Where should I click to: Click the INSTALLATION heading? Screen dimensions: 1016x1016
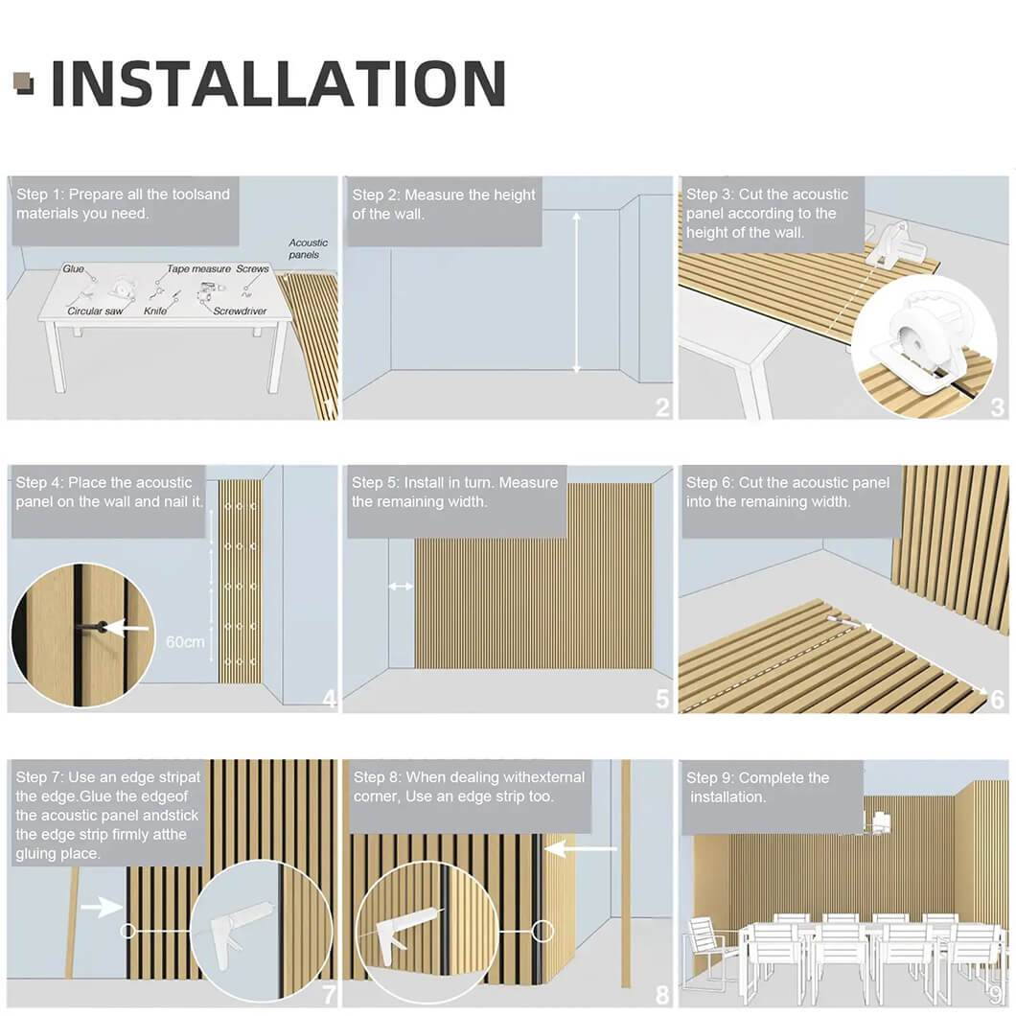pos(278,83)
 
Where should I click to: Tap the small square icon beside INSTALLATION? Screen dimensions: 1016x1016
pos(23,83)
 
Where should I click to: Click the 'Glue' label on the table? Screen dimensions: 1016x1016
pos(73,269)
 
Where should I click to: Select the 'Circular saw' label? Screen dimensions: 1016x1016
pos(95,311)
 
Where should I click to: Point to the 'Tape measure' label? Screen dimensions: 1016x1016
pos(199,268)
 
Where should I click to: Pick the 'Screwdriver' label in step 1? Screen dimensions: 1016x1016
pos(240,311)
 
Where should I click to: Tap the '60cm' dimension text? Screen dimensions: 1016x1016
pos(185,642)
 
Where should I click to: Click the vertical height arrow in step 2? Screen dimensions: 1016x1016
pos(577,293)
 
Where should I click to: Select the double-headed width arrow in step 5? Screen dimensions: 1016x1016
pos(401,587)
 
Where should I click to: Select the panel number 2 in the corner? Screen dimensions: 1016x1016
pos(662,407)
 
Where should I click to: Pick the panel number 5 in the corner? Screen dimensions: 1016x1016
pos(662,699)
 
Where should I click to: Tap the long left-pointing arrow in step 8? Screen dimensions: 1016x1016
pos(581,848)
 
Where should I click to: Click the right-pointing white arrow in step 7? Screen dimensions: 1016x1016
pos(101,907)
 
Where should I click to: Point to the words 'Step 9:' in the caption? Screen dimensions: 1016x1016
pos(709,777)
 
